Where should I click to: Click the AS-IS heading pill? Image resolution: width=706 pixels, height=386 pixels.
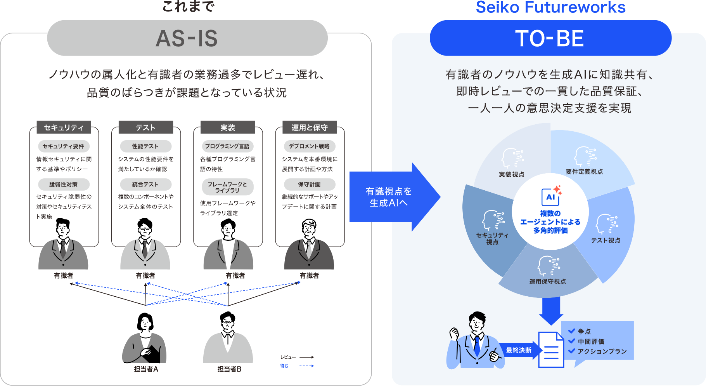187,38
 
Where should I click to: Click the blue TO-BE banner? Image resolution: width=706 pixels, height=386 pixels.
550,38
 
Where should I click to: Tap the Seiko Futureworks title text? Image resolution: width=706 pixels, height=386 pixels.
550,7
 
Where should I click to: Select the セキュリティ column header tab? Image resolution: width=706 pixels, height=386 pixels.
64,127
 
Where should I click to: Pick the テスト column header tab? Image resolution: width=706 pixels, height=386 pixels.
145,127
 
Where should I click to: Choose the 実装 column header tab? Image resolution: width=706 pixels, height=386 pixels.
228,127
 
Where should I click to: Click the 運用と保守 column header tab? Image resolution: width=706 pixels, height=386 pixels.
310,127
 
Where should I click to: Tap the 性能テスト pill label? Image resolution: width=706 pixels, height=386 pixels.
145,146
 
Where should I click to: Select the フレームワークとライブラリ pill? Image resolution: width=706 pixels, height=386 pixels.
227,187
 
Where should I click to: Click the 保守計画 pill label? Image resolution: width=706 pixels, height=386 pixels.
310,184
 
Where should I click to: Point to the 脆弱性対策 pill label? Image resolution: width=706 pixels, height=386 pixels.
64,184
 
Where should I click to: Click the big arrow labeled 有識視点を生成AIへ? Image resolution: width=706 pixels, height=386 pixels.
392,197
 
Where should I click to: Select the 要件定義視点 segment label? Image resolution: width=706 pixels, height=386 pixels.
584,172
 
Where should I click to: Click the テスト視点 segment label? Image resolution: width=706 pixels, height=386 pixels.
606,240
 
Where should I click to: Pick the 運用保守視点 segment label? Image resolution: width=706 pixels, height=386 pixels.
547,282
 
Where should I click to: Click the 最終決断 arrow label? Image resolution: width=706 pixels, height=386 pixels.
519,350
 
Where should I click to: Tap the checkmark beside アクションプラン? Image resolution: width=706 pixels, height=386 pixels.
571,351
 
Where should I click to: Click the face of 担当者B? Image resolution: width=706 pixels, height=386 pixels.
228,323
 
